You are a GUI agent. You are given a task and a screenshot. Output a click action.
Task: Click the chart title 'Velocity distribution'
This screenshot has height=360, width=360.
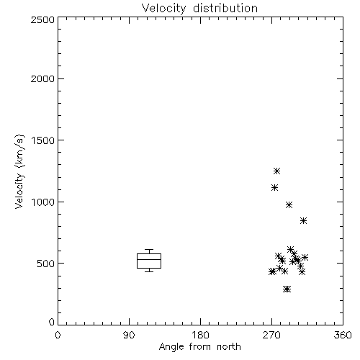(199, 8)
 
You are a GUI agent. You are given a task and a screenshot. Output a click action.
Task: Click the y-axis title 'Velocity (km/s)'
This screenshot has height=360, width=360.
(19, 171)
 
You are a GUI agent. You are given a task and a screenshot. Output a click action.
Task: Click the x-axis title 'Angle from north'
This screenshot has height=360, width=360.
(199, 346)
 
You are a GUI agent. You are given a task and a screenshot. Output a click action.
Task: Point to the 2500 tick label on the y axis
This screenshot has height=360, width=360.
(42, 19)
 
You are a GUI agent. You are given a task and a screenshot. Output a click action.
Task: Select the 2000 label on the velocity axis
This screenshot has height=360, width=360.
(42, 78)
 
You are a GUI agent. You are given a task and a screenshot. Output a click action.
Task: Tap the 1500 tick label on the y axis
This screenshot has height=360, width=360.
(43, 140)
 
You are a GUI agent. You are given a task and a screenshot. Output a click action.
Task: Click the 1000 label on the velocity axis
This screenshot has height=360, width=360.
(43, 202)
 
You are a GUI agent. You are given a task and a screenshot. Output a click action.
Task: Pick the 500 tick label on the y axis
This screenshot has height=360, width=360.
(46, 264)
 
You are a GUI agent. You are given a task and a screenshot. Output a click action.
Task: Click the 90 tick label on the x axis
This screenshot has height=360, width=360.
(129, 335)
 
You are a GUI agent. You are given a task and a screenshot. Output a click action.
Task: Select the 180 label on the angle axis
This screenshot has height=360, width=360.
(200, 335)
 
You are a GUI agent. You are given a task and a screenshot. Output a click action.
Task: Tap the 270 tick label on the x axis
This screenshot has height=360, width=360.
(271, 335)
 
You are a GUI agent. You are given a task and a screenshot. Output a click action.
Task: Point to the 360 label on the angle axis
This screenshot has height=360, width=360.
(343, 335)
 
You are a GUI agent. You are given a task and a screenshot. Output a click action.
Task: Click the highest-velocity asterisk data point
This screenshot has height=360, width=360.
(277, 171)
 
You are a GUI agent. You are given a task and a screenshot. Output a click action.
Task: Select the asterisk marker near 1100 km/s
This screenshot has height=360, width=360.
(275, 187)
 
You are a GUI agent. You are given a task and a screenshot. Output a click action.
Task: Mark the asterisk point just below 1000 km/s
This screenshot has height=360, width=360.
(289, 204)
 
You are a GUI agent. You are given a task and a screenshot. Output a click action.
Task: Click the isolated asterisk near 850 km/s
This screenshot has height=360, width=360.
(303, 220)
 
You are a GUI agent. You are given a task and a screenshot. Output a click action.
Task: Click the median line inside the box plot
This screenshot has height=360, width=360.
(149, 259)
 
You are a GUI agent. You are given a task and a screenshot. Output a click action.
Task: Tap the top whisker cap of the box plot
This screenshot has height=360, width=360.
(149, 250)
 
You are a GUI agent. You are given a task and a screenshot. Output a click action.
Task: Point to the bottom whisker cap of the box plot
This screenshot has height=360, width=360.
(149, 271)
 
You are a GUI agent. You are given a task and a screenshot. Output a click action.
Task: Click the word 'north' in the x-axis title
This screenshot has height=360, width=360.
(229, 346)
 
